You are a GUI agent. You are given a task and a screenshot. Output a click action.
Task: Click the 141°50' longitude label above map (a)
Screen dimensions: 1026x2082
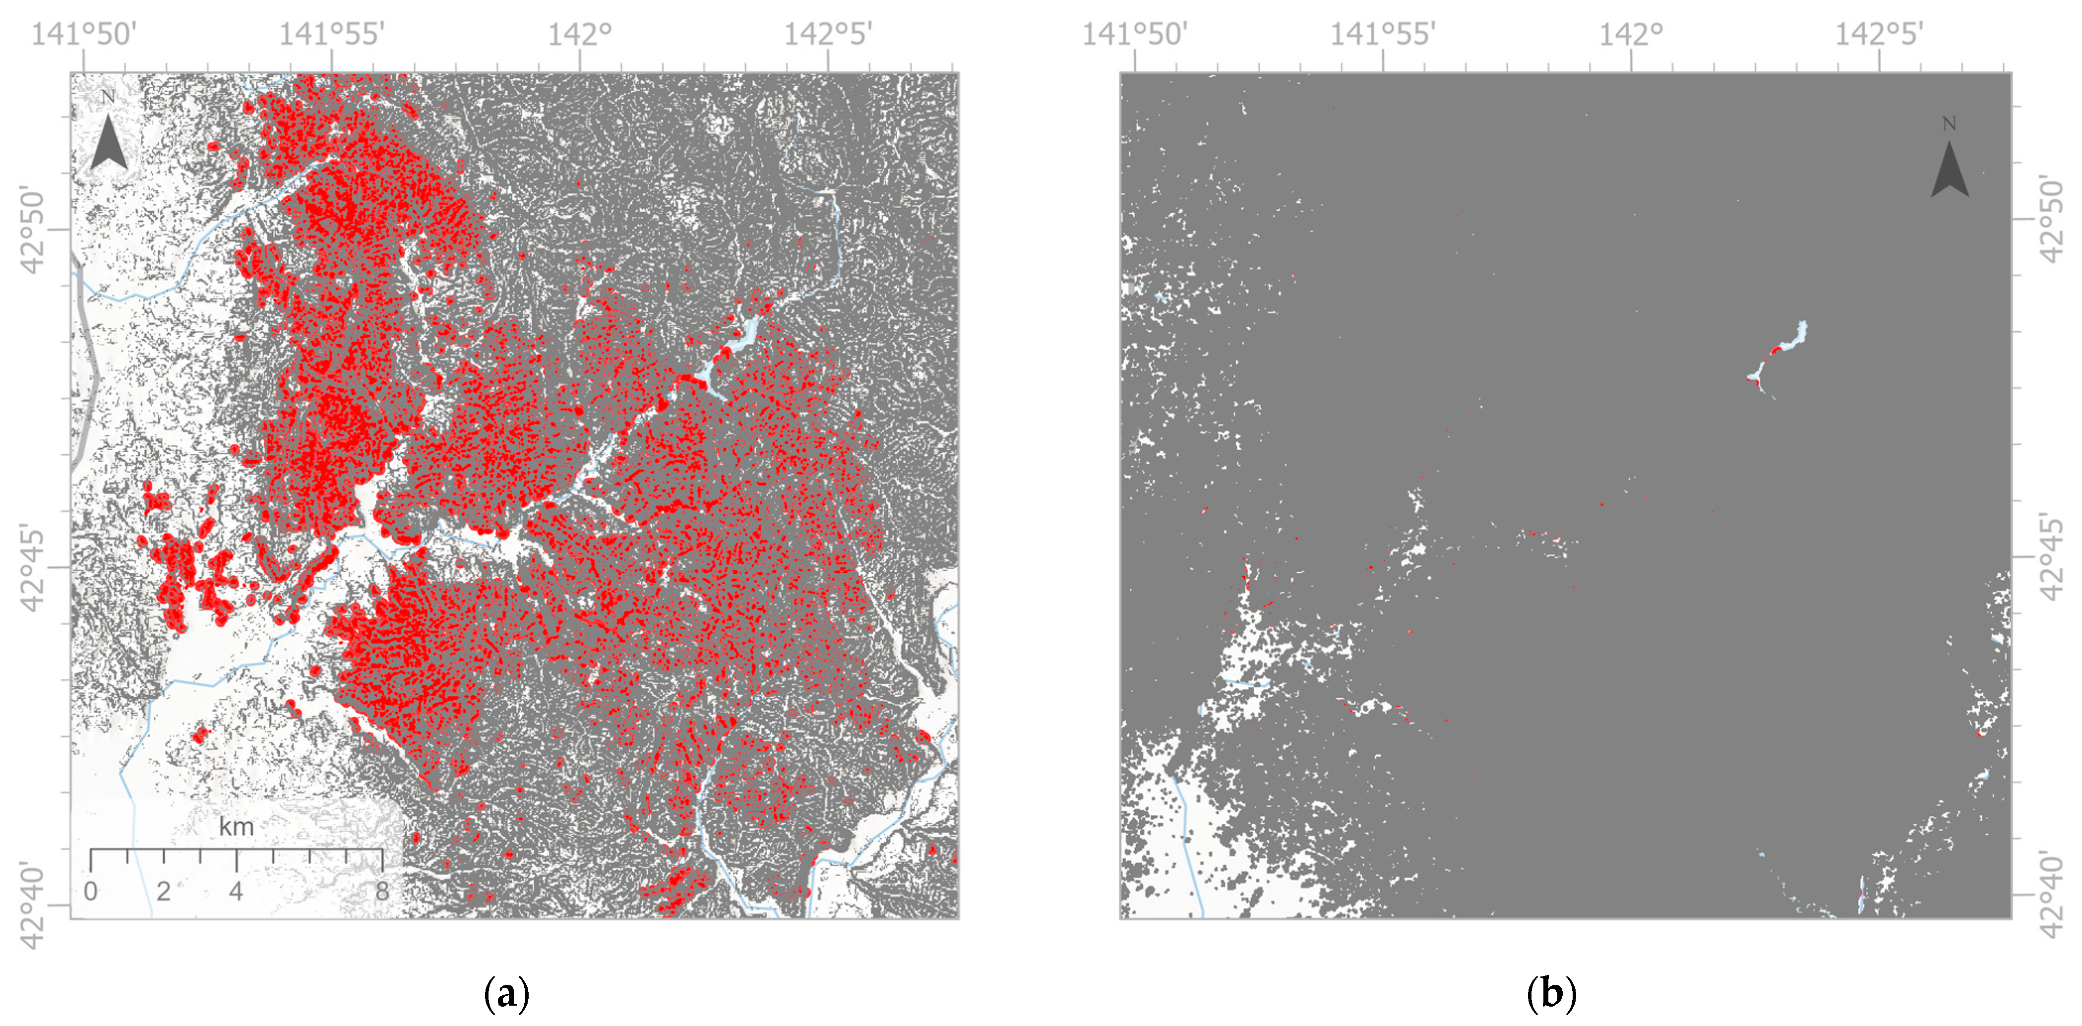(84, 34)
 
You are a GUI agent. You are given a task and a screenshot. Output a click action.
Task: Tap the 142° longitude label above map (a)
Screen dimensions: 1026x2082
(579, 34)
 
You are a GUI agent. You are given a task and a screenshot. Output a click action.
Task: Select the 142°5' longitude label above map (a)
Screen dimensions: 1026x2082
(828, 34)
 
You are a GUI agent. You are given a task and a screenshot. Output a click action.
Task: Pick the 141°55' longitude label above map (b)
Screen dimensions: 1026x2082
(1383, 34)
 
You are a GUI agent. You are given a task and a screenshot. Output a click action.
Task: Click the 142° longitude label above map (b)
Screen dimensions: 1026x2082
(1631, 34)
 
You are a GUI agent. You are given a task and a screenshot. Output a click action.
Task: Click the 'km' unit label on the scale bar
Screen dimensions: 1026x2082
(236, 827)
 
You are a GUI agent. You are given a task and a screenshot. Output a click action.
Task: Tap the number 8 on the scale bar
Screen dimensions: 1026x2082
(381, 891)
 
